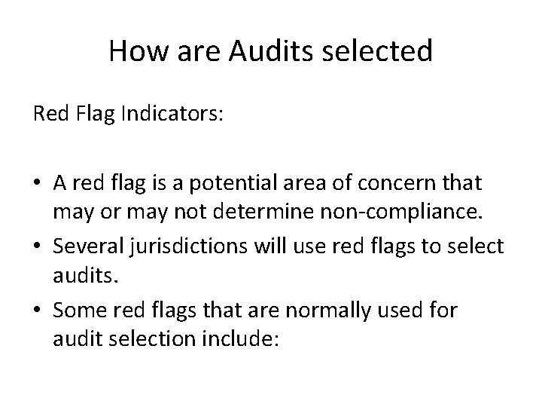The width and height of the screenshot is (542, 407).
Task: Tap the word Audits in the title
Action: pyautogui.click(x=261, y=52)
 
